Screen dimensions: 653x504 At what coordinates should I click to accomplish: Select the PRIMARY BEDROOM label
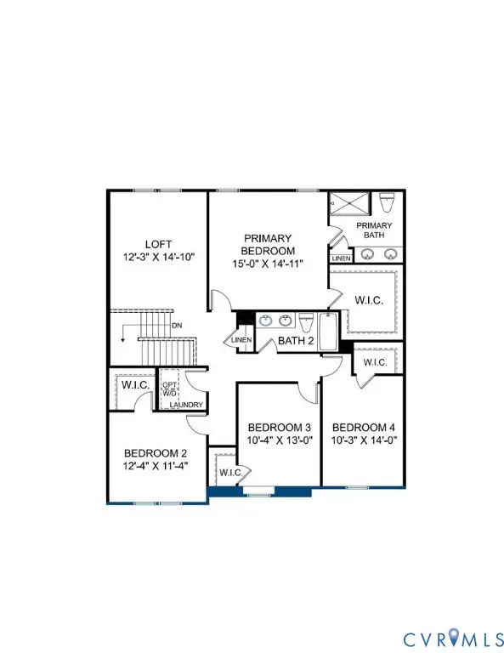pos(269,245)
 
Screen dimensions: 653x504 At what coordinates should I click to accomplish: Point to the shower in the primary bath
pos(348,204)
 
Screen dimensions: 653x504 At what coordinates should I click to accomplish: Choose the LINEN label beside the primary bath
pos(341,258)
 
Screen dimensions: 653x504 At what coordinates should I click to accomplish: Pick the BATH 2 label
pos(293,342)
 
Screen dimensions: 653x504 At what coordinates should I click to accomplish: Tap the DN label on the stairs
pos(177,325)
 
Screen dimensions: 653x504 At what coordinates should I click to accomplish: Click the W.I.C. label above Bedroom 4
pos(375,362)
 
